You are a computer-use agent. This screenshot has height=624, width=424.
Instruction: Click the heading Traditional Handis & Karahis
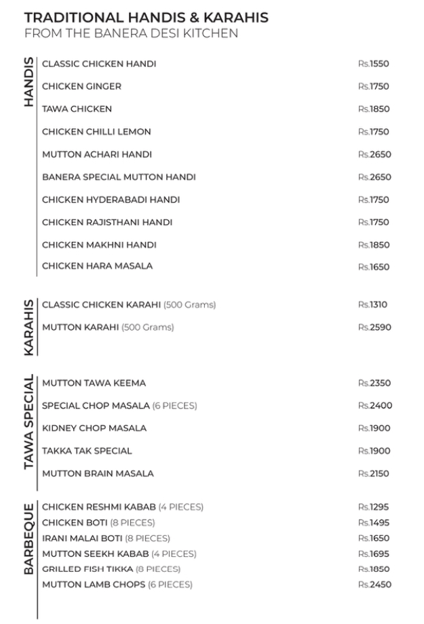[x=146, y=18]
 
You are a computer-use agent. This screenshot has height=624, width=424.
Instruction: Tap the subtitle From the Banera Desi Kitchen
[x=131, y=33]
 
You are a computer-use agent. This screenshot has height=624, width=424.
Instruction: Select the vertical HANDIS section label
[x=28, y=82]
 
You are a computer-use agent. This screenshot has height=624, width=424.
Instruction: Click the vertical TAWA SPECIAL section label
[x=28, y=422]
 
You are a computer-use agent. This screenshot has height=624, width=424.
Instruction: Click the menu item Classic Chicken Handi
[x=99, y=64]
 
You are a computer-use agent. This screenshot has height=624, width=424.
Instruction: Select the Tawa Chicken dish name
[x=77, y=109]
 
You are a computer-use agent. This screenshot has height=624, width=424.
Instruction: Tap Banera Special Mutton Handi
[x=119, y=177]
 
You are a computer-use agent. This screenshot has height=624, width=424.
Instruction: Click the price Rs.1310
[x=372, y=305]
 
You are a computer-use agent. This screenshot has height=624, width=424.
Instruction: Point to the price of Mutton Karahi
[x=374, y=327]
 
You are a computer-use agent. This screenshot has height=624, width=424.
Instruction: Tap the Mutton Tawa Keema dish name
[x=94, y=383]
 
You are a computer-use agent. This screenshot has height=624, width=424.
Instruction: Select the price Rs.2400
[x=375, y=406]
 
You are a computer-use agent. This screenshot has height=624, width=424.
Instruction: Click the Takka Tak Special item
[x=87, y=451]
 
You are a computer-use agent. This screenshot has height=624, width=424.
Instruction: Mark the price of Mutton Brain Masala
[x=374, y=474]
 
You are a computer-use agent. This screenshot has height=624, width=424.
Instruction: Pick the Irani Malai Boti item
[x=106, y=539]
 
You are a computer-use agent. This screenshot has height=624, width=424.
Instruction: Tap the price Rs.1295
[x=373, y=507]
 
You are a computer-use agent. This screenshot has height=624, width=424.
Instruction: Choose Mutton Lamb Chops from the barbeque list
[x=117, y=585]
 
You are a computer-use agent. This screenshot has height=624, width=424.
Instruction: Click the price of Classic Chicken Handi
[x=373, y=64]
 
